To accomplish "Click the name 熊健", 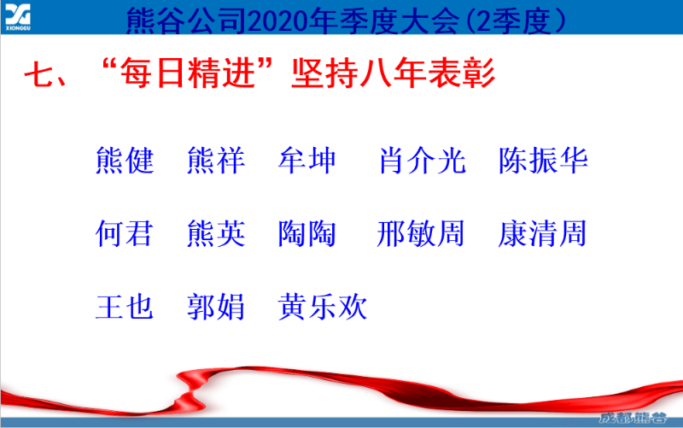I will (125, 161).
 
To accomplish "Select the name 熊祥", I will (216, 161).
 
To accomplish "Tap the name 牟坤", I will (307, 161).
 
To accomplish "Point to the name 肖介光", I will (422, 161).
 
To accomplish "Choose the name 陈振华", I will (544, 161).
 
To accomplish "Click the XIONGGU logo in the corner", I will (19, 15).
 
